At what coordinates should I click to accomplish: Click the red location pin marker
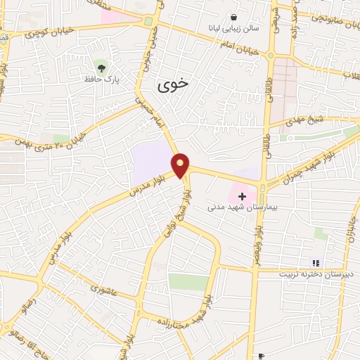tap(181, 165)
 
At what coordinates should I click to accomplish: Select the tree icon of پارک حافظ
tap(103, 67)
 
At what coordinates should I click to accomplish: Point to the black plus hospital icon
tap(243, 195)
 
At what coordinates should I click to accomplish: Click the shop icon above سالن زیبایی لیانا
tap(233, 17)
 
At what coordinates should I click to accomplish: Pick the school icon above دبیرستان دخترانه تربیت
tap(316, 263)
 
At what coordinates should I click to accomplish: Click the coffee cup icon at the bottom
tap(262, 356)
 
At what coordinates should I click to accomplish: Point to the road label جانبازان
tap(349, 226)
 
